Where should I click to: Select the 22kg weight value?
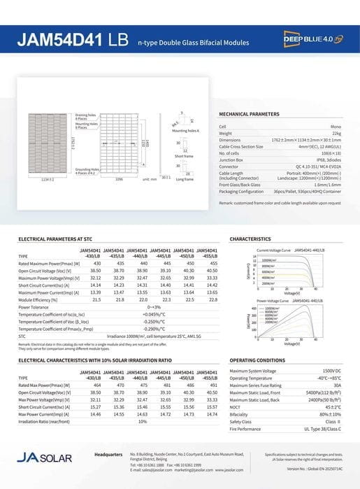(337, 132)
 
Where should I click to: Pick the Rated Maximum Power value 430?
(97, 263)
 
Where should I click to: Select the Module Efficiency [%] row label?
(41, 299)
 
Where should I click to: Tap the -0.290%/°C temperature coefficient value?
(154, 328)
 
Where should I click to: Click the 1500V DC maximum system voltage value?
(332, 371)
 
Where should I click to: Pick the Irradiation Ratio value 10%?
(143, 421)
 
